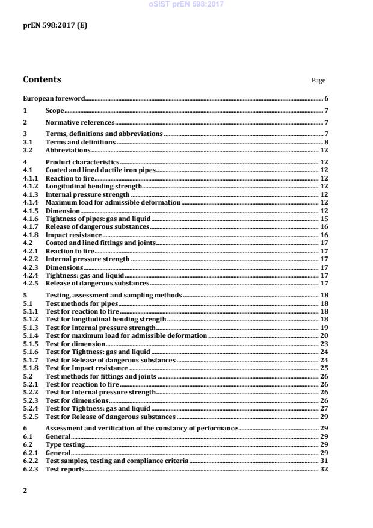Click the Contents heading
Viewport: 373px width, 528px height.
click(42, 79)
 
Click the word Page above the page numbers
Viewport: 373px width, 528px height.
click(318, 81)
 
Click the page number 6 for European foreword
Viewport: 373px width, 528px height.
click(325, 98)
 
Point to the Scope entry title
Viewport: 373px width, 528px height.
click(55, 111)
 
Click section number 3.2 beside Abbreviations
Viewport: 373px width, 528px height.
click(27, 150)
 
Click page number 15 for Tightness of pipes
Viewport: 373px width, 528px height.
click(324, 219)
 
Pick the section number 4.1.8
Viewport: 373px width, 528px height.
click(30, 235)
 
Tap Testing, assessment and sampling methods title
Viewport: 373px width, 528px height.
click(114, 296)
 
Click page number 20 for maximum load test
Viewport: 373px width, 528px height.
click(324, 335)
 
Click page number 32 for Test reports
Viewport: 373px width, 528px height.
click(324, 468)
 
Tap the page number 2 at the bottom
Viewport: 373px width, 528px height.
click(25, 491)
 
